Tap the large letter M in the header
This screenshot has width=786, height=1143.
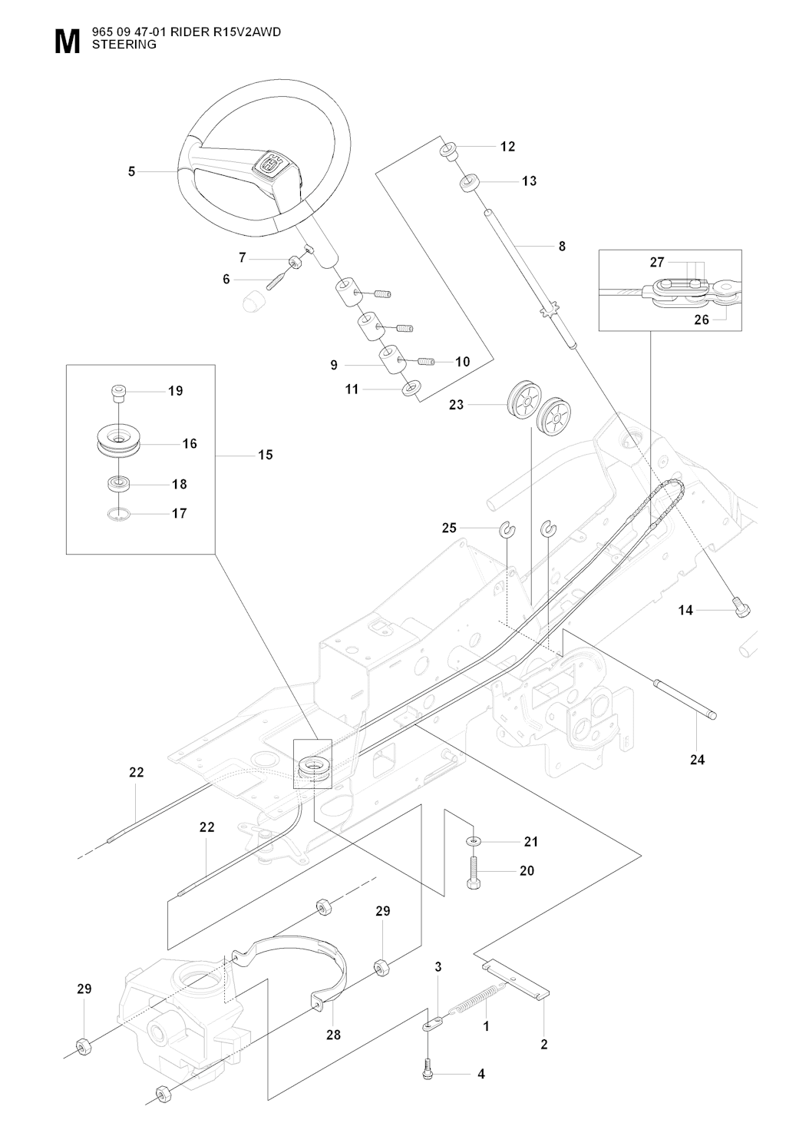[68, 41]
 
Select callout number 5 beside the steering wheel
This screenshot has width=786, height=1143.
[131, 172]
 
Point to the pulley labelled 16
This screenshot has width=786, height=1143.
[118, 440]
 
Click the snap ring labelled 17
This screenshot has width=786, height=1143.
[119, 514]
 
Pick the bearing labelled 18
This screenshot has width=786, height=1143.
[118, 482]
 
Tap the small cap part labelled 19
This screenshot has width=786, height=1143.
[118, 394]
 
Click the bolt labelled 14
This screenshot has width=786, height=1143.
[742, 608]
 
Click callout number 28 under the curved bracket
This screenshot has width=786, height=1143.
[334, 1035]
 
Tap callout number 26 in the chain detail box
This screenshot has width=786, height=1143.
[702, 320]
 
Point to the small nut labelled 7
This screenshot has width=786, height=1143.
[294, 262]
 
